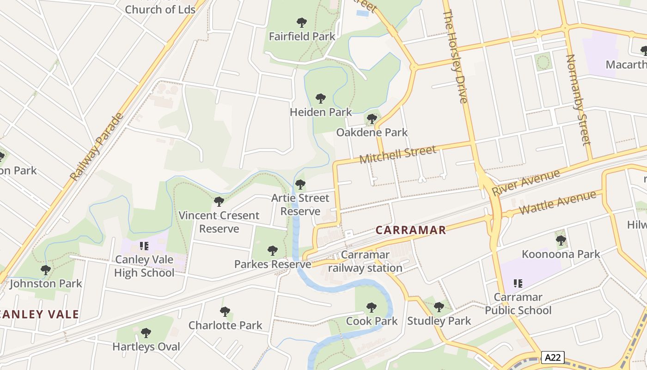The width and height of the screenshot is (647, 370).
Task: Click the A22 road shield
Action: point(552,358)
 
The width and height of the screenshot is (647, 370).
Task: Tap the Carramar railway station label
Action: point(365,261)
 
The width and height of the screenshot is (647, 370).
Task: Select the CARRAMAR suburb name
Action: point(411,230)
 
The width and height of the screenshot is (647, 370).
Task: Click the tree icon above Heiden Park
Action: point(320,99)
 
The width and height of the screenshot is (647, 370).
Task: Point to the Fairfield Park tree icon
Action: point(302,22)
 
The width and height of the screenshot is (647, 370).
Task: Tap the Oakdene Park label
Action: point(372,132)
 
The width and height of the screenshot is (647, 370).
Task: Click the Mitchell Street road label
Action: point(397,154)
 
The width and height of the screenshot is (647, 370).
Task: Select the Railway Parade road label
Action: point(97,147)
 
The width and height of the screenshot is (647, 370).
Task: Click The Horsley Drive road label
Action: point(456,56)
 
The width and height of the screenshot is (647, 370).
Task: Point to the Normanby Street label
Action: point(578,99)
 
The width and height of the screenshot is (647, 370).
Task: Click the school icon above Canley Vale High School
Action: point(144,246)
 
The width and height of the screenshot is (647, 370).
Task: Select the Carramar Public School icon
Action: point(518,283)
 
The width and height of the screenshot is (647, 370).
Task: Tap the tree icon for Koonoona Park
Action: point(561,240)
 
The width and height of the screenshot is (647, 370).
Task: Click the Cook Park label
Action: point(372,321)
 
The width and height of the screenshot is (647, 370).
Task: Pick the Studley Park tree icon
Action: point(439,307)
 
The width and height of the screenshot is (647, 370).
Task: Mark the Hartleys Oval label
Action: point(146,346)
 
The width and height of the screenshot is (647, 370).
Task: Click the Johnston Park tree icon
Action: point(45,270)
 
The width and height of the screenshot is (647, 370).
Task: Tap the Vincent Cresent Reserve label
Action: point(219,222)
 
